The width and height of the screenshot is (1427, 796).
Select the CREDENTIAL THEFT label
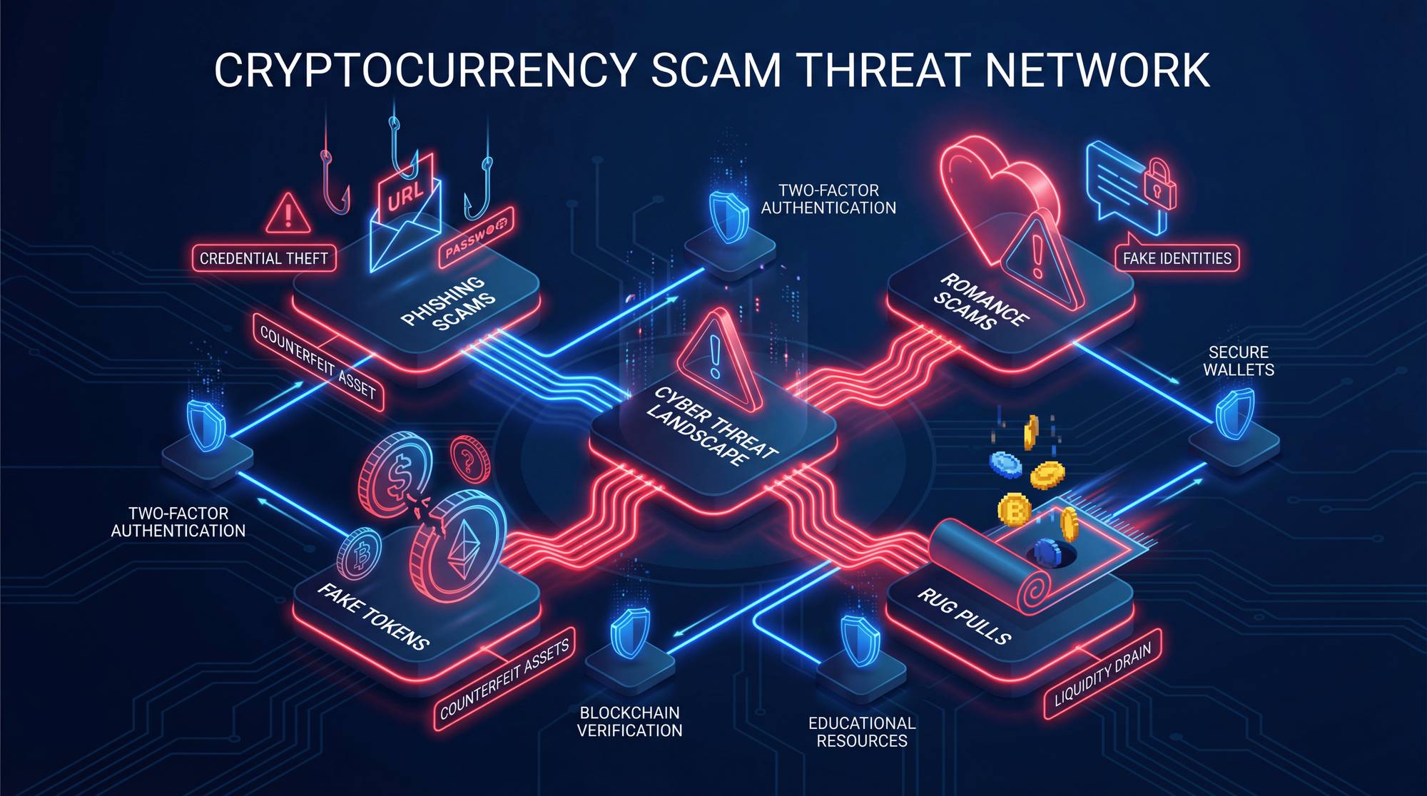264,258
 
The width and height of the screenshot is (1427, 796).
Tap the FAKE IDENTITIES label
1177,258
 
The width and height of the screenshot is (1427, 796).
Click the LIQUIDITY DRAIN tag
1102,673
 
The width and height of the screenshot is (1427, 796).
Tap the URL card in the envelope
405,193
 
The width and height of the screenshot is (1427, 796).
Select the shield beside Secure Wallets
1234,413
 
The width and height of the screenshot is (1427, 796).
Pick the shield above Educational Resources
860,640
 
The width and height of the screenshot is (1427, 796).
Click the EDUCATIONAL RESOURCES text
862,732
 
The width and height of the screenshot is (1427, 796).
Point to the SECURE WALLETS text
1239,361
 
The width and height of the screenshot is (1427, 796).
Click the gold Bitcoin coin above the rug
1014,509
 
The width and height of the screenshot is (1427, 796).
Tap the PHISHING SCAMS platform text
448,302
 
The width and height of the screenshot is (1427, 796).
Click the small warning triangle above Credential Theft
288,213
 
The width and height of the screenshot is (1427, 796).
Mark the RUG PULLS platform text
964,616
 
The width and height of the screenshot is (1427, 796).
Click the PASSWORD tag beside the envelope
476,238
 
